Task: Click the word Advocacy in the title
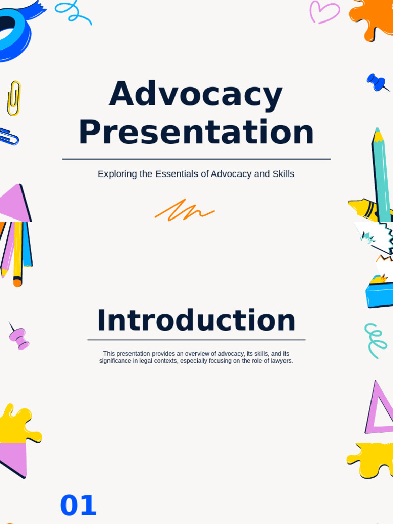click(195, 95)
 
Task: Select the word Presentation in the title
click(196, 133)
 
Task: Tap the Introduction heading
click(196, 321)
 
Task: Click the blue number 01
click(78, 506)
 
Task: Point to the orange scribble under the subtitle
click(184, 210)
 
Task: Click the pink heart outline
click(324, 12)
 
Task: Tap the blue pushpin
click(377, 82)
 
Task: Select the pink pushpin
click(19, 338)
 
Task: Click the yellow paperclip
click(14, 98)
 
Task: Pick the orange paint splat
click(372, 18)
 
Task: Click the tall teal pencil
click(381, 174)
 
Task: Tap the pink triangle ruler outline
click(379, 409)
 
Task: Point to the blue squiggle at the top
click(73, 11)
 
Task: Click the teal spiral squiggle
click(375, 340)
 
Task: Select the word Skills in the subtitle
click(283, 174)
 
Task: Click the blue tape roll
click(13, 33)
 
